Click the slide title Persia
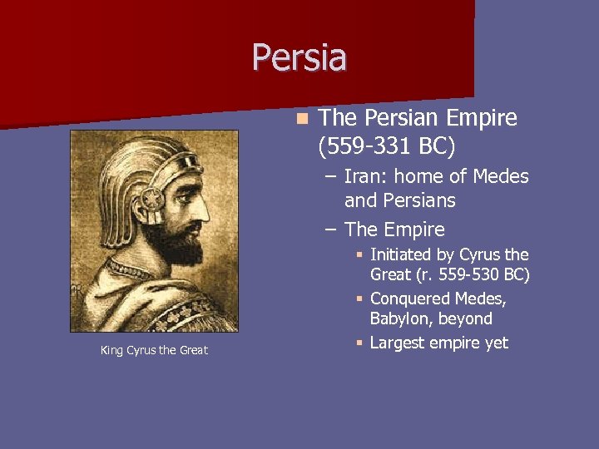pyautogui.click(x=299, y=57)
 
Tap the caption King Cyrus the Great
pyautogui.click(x=154, y=350)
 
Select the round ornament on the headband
pyautogui.click(x=153, y=200)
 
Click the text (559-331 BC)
pyautogui.click(x=387, y=146)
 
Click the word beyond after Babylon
pyautogui.click(x=467, y=318)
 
